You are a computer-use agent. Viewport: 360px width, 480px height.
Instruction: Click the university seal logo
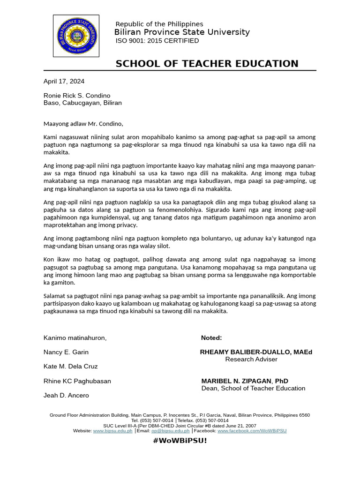pyautogui.click(x=76, y=36)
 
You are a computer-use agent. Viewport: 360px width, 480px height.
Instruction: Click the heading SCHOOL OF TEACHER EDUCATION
pyautogui.click(x=207, y=64)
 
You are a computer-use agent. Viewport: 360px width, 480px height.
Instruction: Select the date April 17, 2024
pyautogui.click(x=64, y=81)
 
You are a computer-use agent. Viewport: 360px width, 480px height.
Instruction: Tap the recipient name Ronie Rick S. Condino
pyautogui.click(x=77, y=96)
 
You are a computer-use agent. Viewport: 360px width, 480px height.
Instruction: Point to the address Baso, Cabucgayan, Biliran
pyautogui.click(x=82, y=103)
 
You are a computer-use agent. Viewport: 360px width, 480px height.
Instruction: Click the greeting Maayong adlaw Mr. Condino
pyautogui.click(x=83, y=124)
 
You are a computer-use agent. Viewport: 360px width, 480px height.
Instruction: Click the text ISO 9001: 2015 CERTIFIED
pyautogui.click(x=157, y=41)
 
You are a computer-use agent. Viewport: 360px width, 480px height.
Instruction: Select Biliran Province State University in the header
pyautogui.click(x=182, y=32)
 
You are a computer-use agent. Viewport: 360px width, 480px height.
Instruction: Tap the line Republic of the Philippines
pyautogui.click(x=159, y=24)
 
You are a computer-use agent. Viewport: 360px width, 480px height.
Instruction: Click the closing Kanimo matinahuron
pyautogui.click(x=75, y=338)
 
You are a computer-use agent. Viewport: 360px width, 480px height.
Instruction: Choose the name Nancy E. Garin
pyautogui.click(x=66, y=352)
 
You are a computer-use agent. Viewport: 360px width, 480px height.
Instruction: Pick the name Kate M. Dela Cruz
pyautogui.click(x=71, y=366)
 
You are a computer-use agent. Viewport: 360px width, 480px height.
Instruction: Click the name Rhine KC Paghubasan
pyautogui.click(x=77, y=381)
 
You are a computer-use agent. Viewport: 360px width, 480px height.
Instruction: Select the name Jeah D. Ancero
pyautogui.click(x=66, y=395)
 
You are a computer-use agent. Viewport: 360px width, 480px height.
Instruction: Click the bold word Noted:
pyautogui.click(x=211, y=338)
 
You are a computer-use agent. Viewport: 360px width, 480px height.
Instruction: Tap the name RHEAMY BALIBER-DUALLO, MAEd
pyautogui.click(x=256, y=352)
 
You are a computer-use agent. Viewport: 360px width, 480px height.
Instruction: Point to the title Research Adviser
pyautogui.click(x=251, y=360)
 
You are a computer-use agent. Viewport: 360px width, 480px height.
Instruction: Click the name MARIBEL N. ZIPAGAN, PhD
pyautogui.click(x=245, y=381)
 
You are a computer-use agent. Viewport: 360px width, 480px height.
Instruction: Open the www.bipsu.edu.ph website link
pyautogui.click(x=112, y=430)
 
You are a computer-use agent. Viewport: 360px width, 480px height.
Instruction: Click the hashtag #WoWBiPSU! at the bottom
pyautogui.click(x=180, y=441)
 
